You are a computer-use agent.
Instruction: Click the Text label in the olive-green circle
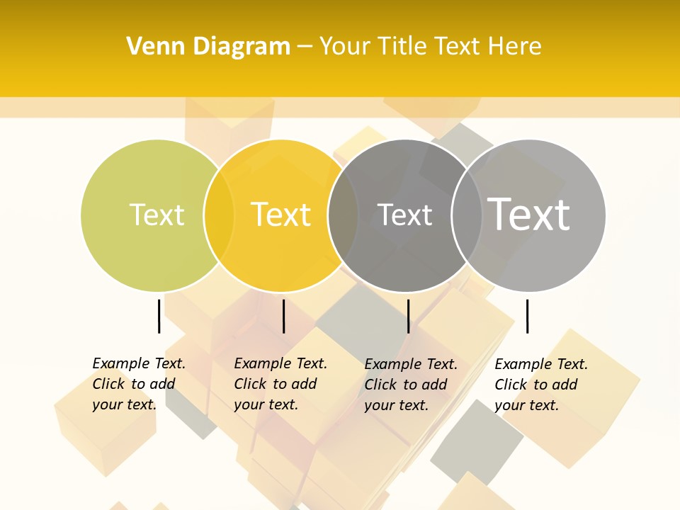(x=157, y=215)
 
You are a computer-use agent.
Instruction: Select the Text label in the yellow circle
(x=281, y=215)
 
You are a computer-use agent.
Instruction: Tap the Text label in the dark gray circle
(x=404, y=215)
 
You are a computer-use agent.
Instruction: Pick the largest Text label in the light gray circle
(x=529, y=215)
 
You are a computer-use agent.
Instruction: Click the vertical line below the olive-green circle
(x=159, y=316)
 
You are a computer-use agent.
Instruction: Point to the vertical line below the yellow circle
(x=283, y=316)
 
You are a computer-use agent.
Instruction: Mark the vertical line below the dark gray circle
(x=408, y=316)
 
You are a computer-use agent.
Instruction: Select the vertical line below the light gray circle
(x=527, y=316)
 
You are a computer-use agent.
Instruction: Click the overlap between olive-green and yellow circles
(x=219, y=215)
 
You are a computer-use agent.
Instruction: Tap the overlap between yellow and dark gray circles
(x=343, y=215)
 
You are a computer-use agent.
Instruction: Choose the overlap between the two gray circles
(x=467, y=215)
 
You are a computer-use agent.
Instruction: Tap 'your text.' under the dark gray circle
(x=396, y=405)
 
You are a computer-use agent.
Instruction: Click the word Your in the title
(x=344, y=47)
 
